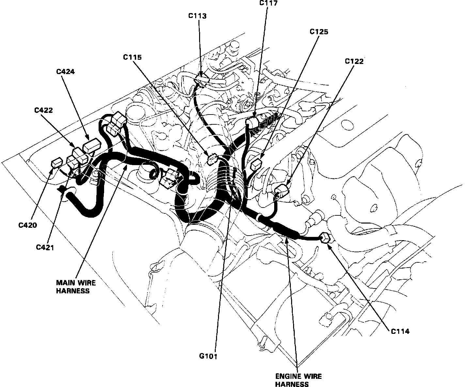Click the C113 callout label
[197, 16]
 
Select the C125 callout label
[319, 32]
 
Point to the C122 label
[354, 61]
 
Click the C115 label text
[132, 57]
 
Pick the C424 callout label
[65, 71]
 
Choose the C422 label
[44, 110]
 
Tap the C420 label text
[28, 225]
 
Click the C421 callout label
[45, 247]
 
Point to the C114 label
[400, 332]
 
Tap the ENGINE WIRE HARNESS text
[298, 380]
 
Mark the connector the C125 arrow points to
[257, 162]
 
